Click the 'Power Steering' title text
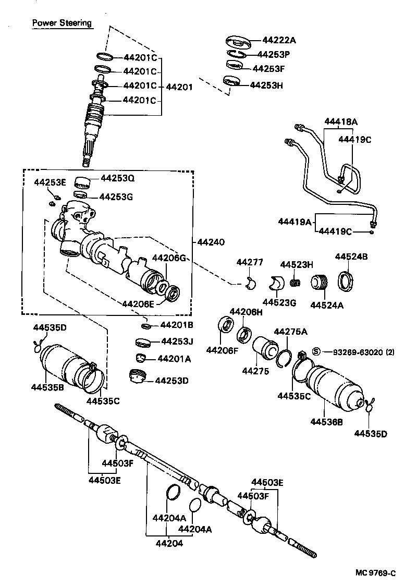[x=62, y=23]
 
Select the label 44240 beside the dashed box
[x=212, y=242]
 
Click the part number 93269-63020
[x=353, y=352]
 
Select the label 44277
[x=250, y=262]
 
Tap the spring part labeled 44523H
[x=296, y=284]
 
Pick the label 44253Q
[x=117, y=178]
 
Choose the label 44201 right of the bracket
[x=179, y=87]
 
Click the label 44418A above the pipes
[x=341, y=122]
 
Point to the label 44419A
[x=294, y=222]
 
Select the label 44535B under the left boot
[x=47, y=387]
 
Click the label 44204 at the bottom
[x=167, y=543]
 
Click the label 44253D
[x=171, y=381]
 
